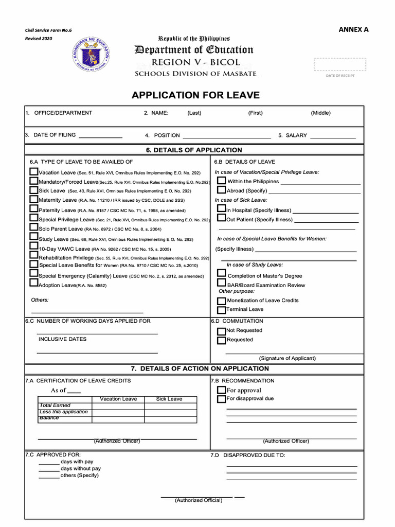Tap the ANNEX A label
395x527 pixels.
[x=353, y=29]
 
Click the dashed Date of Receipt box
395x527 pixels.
[x=340, y=64]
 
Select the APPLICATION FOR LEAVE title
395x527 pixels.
[x=196, y=95]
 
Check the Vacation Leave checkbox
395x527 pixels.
[x=33, y=171]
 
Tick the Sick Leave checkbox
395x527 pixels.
[x=33, y=190]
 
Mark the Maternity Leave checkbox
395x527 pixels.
[x=33, y=199]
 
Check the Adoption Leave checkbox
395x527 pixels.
[x=33, y=284]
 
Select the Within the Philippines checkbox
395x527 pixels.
[x=221, y=181]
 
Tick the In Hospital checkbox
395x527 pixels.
[x=221, y=209]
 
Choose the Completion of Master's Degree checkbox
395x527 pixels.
[x=221, y=273]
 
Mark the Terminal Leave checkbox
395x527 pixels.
[x=221, y=310]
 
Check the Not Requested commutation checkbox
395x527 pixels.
[x=221, y=331]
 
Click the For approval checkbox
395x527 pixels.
[x=221, y=391]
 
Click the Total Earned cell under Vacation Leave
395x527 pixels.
[x=118, y=406]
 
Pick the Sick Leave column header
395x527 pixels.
[x=169, y=399]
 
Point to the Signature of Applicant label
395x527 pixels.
[x=288, y=358]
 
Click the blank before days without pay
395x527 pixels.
[x=49, y=470]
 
